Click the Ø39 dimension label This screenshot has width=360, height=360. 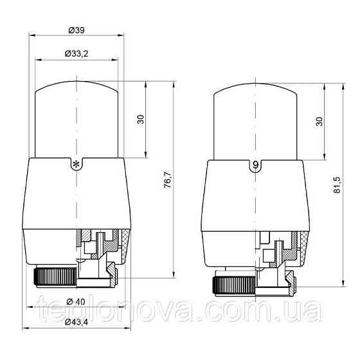click(76, 30)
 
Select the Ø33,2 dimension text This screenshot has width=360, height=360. click(76, 54)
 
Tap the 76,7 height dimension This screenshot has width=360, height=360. click(168, 179)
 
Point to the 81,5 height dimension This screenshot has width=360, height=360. click(337, 185)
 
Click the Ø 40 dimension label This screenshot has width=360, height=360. click(76, 301)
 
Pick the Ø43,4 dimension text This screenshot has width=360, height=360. click(76, 322)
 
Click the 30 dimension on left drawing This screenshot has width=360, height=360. click(141, 120)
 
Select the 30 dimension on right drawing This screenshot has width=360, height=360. click(319, 122)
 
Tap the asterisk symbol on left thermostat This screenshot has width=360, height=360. click(76, 165)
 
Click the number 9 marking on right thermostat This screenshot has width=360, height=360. click(256, 165)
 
